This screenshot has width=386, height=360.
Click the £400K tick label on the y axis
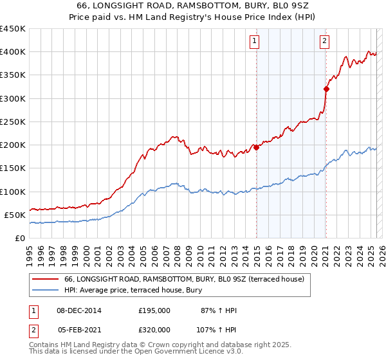click(13, 52)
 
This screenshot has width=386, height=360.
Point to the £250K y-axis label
click(13, 122)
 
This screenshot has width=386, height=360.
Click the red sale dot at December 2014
click(257, 147)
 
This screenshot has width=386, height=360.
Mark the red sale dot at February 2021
click(326, 89)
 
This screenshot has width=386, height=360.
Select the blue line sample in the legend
click(46, 291)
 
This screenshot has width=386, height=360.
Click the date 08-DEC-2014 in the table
click(79, 310)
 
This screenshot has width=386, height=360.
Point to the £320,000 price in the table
click(154, 329)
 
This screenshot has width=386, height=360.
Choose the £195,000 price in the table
click(154, 310)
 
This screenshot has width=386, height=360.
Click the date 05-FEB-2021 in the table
click(79, 329)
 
